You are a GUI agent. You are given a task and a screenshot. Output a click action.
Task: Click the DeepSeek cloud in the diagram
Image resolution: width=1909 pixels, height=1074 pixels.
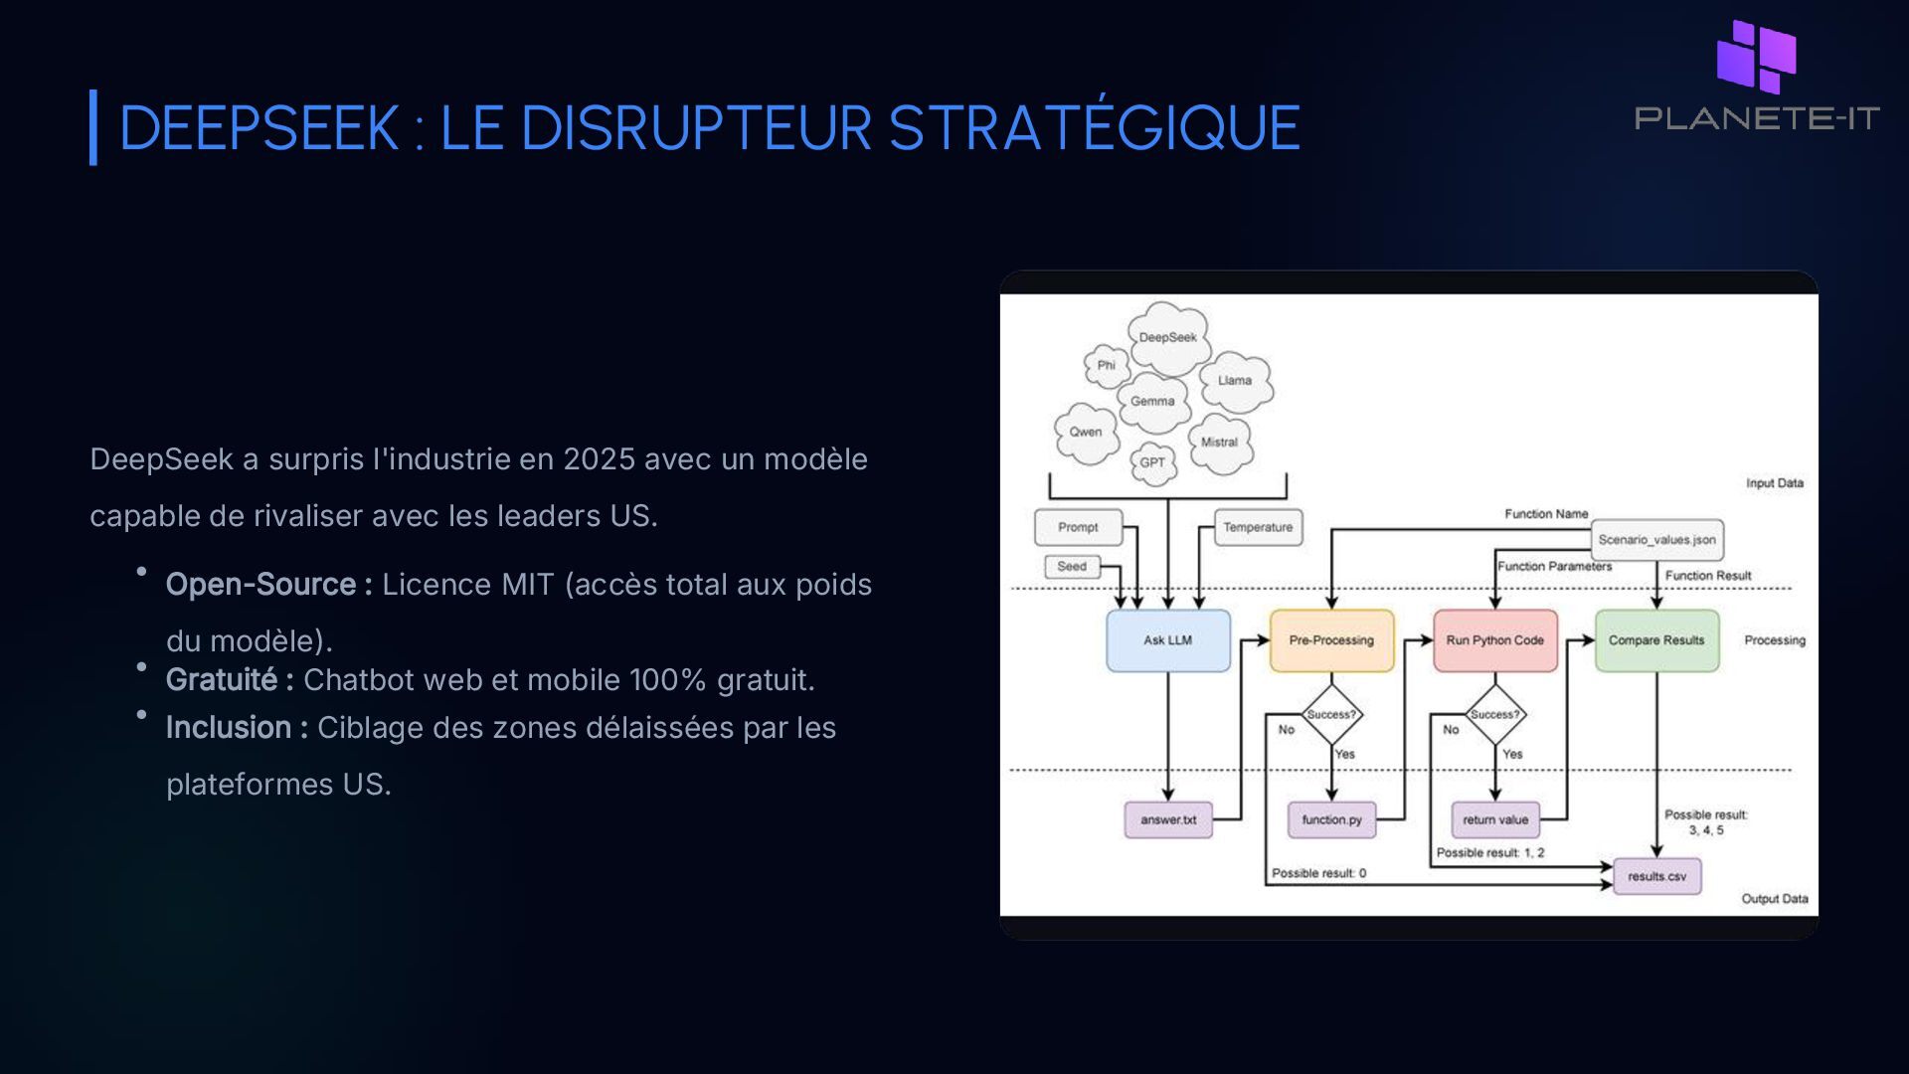coord(1168,338)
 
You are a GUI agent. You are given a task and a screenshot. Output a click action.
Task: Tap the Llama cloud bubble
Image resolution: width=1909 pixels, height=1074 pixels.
coord(1235,381)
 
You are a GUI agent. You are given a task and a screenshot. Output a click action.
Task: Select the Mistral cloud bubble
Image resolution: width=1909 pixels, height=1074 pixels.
coord(1219,443)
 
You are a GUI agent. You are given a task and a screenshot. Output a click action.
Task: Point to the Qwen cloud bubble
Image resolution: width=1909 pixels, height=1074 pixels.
coord(1086,433)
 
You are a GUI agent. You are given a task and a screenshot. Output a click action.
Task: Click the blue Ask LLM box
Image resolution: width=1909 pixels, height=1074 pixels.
coord(1167,640)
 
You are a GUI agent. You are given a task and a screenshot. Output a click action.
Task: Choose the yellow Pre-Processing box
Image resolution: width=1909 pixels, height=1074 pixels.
coord(1331,640)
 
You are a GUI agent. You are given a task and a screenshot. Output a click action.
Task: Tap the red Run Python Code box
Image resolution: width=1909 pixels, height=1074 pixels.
coord(1494,640)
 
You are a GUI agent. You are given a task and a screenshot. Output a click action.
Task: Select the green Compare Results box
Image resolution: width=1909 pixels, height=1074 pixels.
coord(1656,640)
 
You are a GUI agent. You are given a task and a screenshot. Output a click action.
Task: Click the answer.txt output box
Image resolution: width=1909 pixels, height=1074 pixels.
coord(1168,820)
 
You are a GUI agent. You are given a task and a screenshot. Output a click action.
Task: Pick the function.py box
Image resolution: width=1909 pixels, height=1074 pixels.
coord(1331,820)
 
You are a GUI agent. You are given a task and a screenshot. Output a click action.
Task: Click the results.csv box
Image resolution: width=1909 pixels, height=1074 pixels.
coord(1656,877)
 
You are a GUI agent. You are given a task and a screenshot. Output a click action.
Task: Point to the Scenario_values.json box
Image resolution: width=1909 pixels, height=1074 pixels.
coord(1656,540)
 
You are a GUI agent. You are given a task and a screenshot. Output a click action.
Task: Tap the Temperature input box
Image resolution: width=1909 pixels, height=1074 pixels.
coord(1258,528)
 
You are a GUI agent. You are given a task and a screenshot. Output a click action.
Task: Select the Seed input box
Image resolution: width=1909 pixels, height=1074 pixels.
coord(1072,567)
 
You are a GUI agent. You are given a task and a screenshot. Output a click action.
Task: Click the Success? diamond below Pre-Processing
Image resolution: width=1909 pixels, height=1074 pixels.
coord(1331,714)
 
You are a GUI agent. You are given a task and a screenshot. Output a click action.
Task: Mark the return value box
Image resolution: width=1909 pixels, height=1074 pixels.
coord(1495,820)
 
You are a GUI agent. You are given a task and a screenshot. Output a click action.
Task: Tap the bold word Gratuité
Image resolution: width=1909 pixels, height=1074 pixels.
coord(222,680)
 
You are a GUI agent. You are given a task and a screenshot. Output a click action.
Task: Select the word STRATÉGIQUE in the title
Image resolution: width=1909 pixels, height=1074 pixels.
coord(1094,128)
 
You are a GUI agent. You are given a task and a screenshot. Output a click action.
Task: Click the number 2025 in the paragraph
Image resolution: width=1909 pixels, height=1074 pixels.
coord(599,459)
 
